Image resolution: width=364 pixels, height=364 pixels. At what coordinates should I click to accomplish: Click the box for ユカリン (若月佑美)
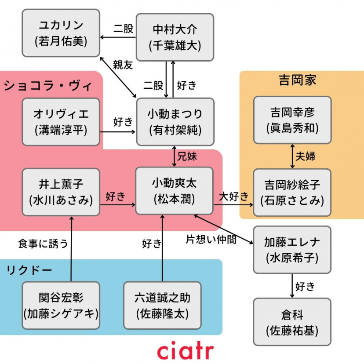point(61,34)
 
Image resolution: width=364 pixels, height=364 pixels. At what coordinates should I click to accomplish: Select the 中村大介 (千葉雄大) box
point(175,37)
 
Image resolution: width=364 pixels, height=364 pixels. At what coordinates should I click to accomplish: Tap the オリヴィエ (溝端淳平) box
point(61,122)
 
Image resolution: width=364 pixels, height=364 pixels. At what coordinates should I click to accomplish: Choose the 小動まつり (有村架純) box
point(175,122)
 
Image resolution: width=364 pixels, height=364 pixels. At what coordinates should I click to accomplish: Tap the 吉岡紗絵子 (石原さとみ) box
point(292,192)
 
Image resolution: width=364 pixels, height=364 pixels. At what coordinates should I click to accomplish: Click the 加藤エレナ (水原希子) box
point(292,250)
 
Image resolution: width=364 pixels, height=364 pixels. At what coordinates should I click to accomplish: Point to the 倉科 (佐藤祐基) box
point(292,322)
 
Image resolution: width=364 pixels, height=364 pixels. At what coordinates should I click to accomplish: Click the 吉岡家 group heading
point(297,80)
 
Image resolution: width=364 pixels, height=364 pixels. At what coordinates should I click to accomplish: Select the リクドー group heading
point(29,269)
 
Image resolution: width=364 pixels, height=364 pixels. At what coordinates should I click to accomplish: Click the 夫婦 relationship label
point(305,156)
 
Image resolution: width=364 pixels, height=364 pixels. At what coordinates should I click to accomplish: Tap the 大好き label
point(234,196)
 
